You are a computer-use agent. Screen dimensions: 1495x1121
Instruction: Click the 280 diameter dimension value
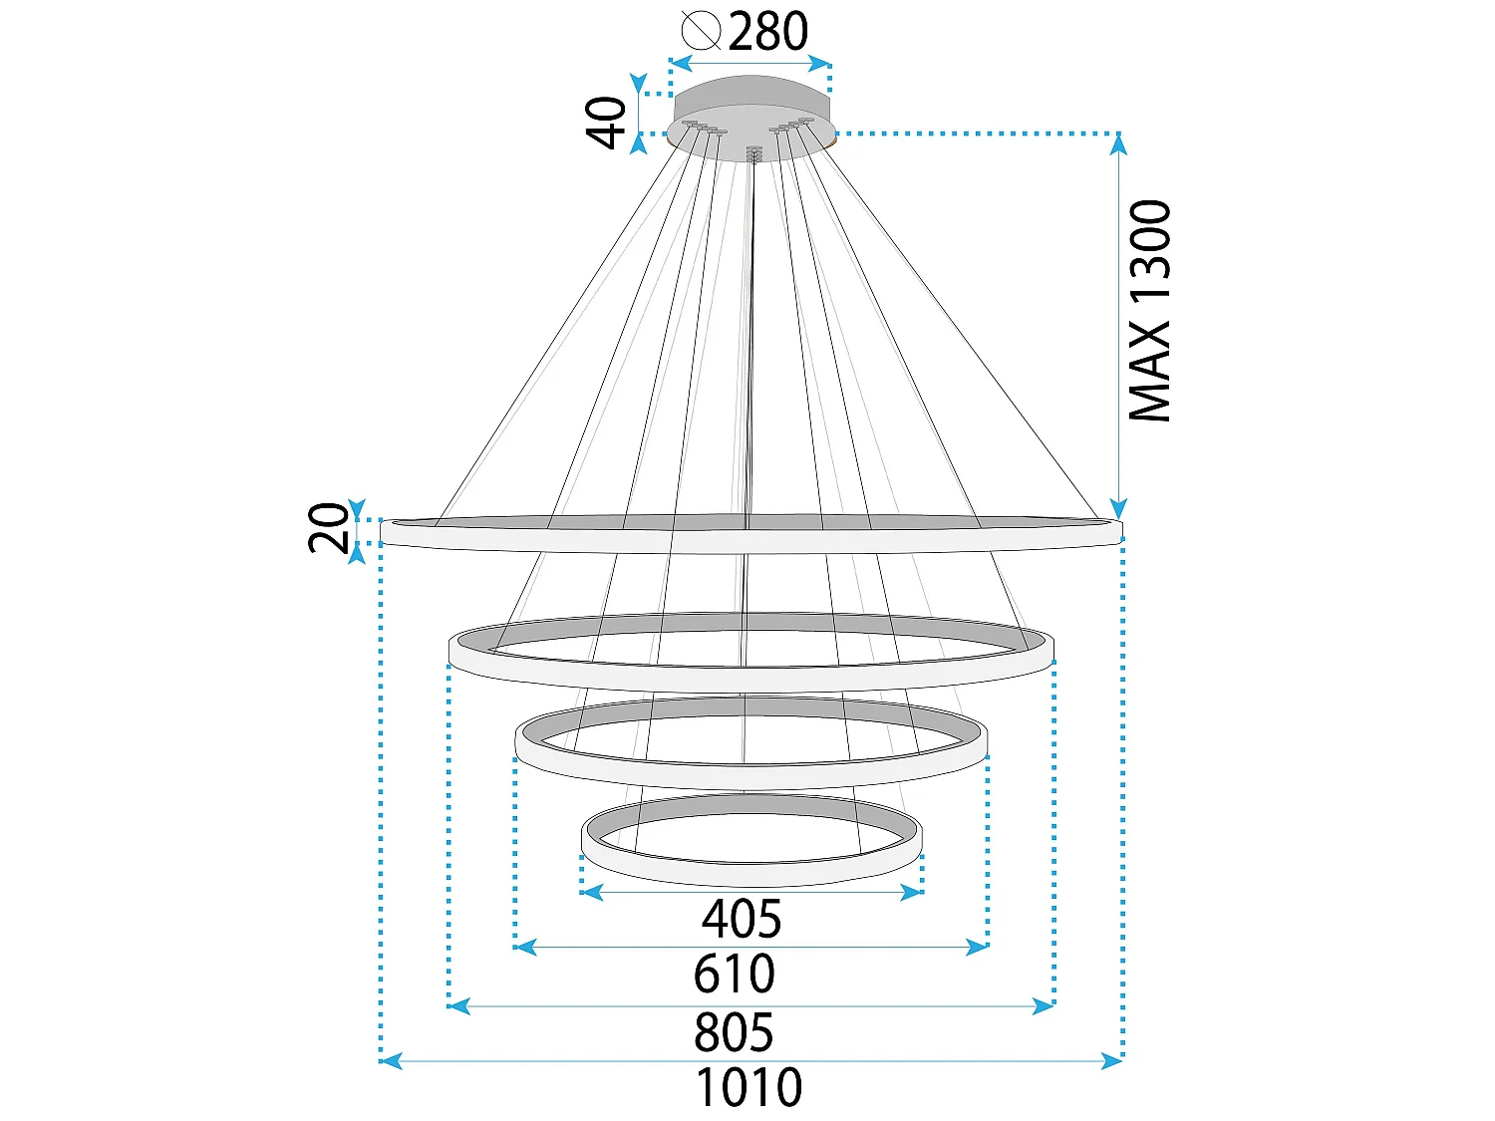coord(767,31)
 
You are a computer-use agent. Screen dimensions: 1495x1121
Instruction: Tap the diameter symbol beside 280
coord(701,31)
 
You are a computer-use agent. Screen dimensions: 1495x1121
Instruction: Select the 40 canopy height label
coord(606,123)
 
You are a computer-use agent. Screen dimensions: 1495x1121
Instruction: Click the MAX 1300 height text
coord(1150,310)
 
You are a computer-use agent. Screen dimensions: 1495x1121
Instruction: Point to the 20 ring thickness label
coord(328,528)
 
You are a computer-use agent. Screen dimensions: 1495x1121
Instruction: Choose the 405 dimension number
coord(742,919)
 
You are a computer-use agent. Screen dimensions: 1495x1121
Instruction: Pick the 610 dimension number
coord(735,974)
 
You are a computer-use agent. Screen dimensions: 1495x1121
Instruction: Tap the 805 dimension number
coord(734,1032)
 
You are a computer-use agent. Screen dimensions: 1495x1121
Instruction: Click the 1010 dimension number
coord(749,1088)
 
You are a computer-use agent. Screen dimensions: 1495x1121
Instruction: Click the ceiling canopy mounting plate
coord(751,119)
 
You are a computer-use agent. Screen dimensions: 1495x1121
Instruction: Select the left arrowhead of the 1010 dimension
coord(391,1060)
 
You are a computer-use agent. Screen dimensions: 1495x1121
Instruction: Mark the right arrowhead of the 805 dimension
coord(1043,1006)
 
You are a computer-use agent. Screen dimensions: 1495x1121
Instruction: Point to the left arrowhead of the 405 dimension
coord(592,892)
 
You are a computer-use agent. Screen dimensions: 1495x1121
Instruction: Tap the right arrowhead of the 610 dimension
coord(978,947)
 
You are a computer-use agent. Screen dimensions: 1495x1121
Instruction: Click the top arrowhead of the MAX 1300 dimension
coord(1117,144)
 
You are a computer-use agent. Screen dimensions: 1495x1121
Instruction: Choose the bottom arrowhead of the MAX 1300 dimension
coord(1117,509)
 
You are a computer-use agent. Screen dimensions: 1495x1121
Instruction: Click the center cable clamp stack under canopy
coord(751,153)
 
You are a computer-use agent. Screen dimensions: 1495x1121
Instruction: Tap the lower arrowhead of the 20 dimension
coord(357,554)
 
